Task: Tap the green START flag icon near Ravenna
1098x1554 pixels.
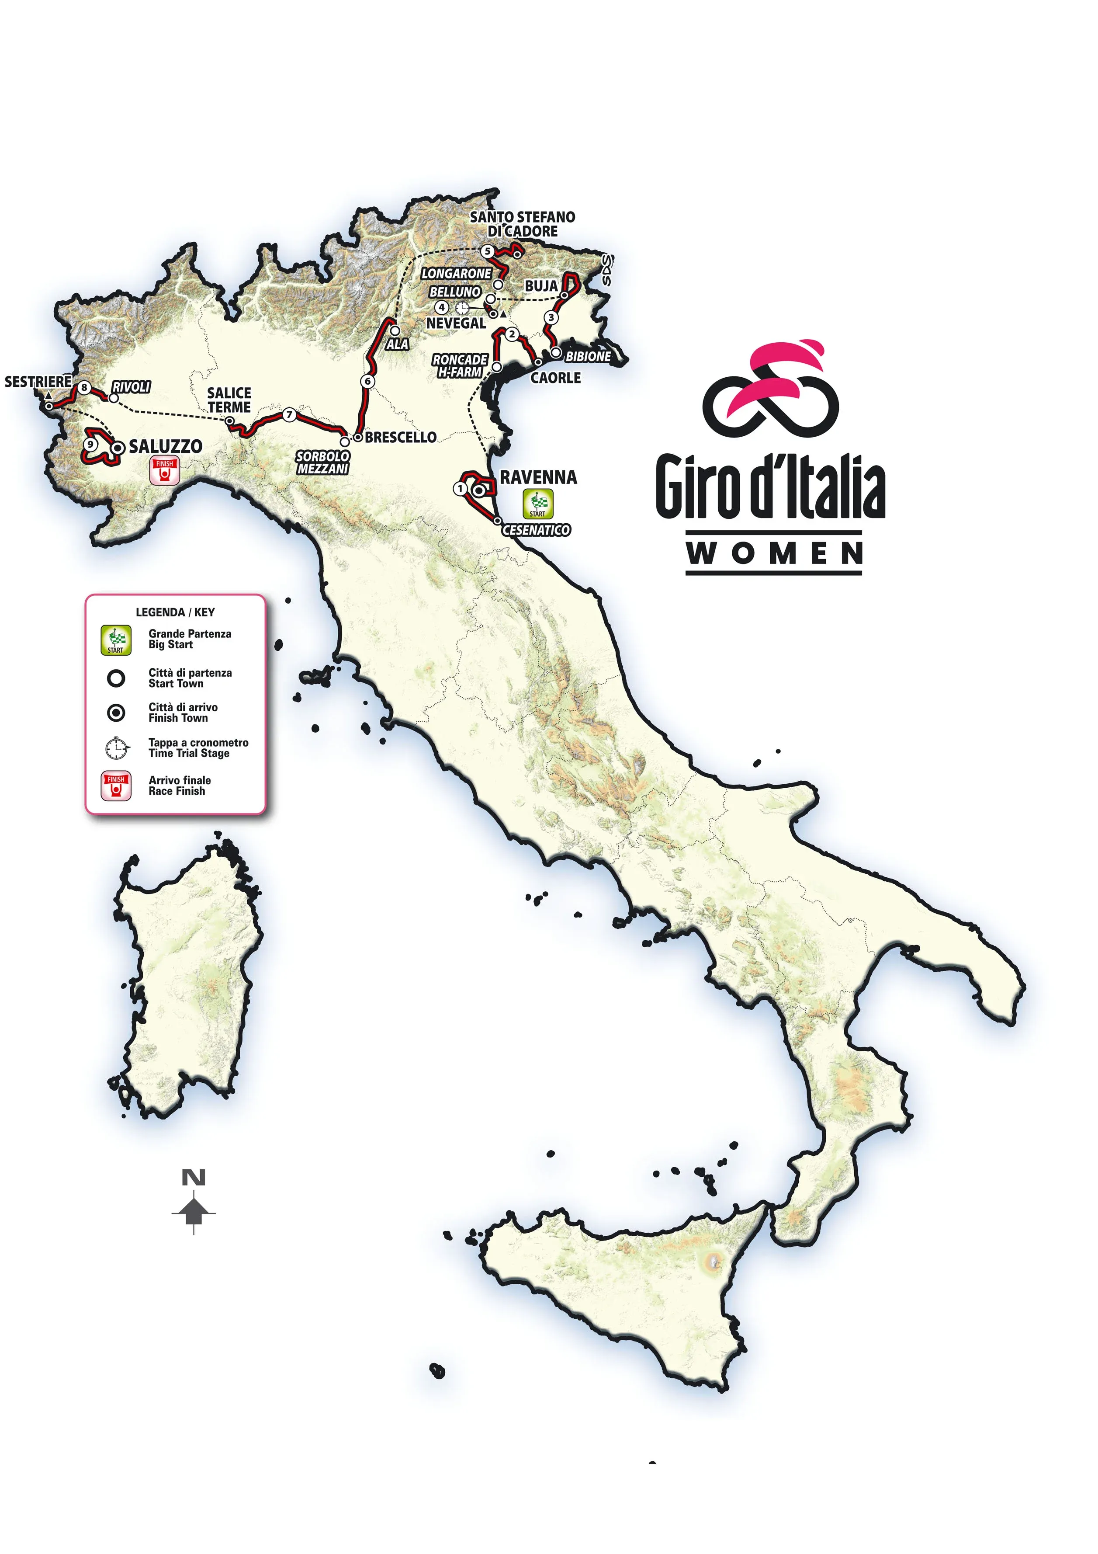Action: point(538,504)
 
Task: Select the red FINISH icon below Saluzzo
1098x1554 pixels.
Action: point(164,471)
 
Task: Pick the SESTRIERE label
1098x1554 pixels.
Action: point(38,382)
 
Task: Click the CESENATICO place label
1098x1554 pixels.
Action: point(536,530)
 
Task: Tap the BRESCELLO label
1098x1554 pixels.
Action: point(401,437)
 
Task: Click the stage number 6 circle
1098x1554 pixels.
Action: point(367,381)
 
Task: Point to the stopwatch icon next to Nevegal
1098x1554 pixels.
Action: point(462,308)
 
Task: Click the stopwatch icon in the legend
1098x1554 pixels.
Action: point(116,748)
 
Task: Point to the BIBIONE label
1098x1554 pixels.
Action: point(588,357)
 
